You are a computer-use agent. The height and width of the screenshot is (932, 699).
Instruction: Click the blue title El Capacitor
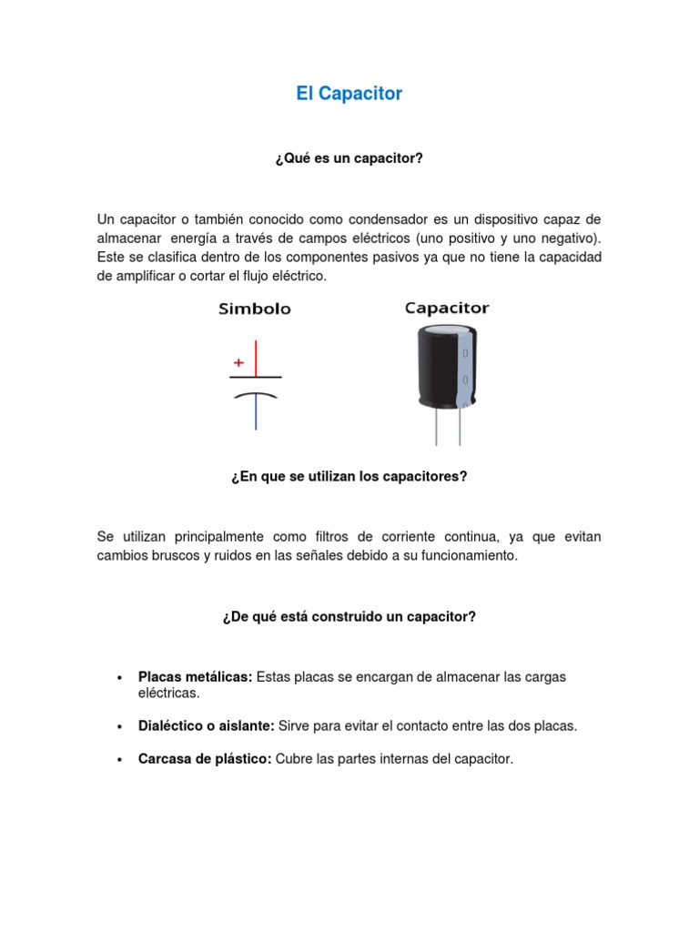[x=349, y=94]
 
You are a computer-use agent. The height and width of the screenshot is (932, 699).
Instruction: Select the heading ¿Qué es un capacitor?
[x=349, y=158]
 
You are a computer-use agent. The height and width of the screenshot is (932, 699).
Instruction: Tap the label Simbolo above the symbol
[x=255, y=309]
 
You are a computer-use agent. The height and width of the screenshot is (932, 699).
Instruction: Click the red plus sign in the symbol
[x=239, y=361]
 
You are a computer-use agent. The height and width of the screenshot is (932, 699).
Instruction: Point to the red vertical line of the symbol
[x=256, y=357]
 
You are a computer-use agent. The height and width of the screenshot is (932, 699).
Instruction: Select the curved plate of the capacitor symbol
[x=256, y=396]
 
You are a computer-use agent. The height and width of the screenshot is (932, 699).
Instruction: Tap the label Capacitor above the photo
[x=447, y=309]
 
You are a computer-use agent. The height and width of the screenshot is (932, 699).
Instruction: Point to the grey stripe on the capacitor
[x=465, y=369]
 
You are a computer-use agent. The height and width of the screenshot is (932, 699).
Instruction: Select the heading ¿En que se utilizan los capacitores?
[x=349, y=476]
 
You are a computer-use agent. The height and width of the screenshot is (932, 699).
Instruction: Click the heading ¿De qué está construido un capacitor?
[x=349, y=616]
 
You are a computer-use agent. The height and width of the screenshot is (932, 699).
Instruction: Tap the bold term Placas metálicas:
[x=195, y=677]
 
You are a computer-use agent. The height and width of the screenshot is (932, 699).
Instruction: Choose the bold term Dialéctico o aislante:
[x=206, y=725]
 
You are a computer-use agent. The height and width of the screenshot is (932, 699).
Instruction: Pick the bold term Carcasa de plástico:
[x=205, y=758]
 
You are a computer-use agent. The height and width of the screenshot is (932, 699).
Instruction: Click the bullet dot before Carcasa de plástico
[x=120, y=759]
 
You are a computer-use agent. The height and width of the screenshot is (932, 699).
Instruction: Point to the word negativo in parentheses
[x=569, y=238]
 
